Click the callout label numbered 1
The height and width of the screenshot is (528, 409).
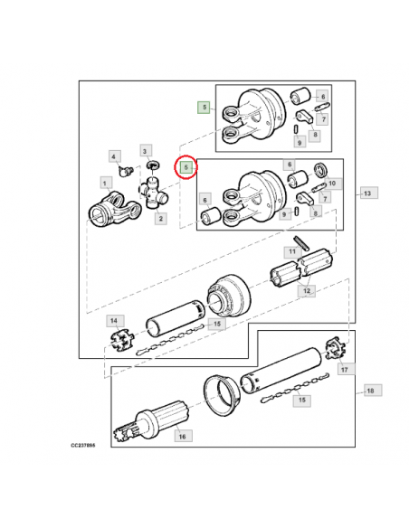pyautogui.click(x=106, y=184)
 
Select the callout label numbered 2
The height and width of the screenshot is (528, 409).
pyautogui.click(x=161, y=219)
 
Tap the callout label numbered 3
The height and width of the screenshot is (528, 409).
pyautogui.click(x=145, y=151)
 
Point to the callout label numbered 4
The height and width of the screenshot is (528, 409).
pyautogui.click(x=114, y=156)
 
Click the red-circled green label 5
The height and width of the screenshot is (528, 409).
pyautogui.click(x=186, y=167)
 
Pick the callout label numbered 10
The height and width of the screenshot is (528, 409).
pyautogui.click(x=332, y=184)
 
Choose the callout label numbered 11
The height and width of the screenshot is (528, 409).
pyautogui.click(x=292, y=251)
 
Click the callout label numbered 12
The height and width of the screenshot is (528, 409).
pyautogui.click(x=307, y=290)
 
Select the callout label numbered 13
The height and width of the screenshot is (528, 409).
pyautogui.click(x=369, y=193)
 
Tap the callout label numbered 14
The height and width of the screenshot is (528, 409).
pyautogui.click(x=115, y=321)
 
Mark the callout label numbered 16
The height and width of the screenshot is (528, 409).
pyautogui.click(x=183, y=436)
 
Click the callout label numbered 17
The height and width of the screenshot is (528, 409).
pyautogui.click(x=346, y=369)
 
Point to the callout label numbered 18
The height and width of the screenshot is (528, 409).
pyautogui.click(x=372, y=391)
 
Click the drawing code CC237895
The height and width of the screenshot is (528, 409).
pyautogui.click(x=83, y=445)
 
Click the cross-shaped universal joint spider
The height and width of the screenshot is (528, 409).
pyautogui.click(x=154, y=194)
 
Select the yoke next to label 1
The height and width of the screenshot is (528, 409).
pyautogui.click(x=115, y=210)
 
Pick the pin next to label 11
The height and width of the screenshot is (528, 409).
pyautogui.click(x=300, y=243)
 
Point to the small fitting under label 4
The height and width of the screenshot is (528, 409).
pyautogui.click(x=126, y=171)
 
